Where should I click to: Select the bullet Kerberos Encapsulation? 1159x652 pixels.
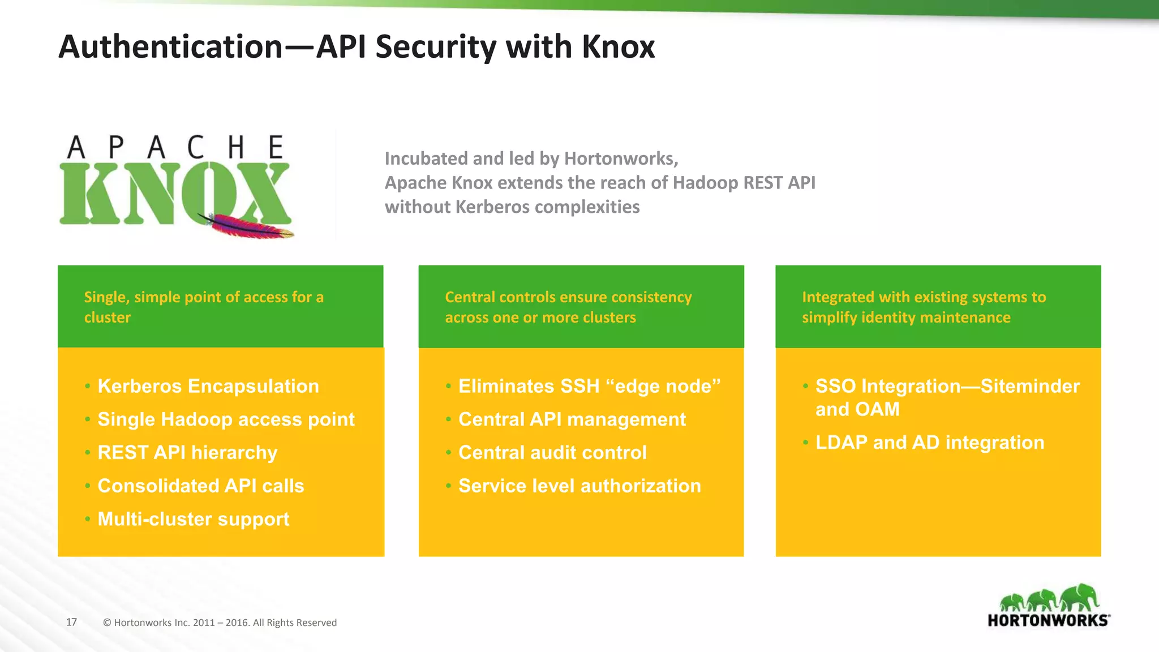click(x=208, y=386)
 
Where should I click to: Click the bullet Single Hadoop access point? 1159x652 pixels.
click(x=226, y=419)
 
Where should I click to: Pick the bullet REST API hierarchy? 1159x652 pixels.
click(x=187, y=453)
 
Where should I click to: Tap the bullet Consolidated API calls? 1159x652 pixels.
click(x=201, y=486)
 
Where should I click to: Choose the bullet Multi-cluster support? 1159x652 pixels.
click(x=193, y=519)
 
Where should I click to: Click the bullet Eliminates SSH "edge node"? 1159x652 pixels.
click(x=589, y=386)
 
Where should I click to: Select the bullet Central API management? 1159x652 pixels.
click(x=572, y=419)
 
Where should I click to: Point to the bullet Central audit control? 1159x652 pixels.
click(x=552, y=453)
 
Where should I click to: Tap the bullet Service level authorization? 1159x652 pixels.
click(x=579, y=486)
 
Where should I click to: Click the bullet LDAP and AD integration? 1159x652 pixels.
click(x=929, y=443)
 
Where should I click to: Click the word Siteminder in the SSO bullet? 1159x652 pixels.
click(x=1030, y=386)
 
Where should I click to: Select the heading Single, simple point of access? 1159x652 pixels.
click(x=204, y=307)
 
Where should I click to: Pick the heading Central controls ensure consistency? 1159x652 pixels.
click(x=568, y=307)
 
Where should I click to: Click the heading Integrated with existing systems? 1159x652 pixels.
click(x=924, y=307)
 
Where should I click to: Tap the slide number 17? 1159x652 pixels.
click(x=71, y=622)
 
